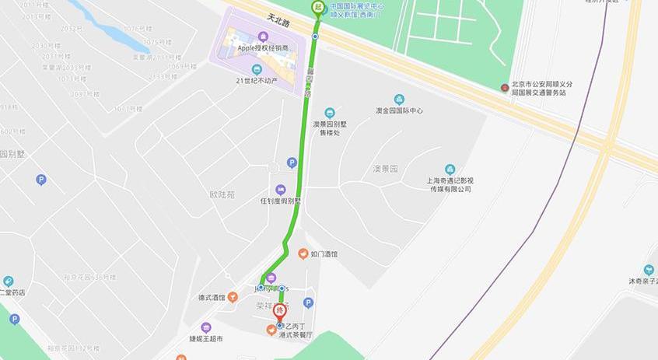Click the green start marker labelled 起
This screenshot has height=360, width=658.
[317, 7]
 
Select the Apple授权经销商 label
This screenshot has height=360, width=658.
[263, 47]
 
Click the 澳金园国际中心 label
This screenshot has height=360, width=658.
[399, 110]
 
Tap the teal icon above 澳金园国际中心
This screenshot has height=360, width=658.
[399, 100]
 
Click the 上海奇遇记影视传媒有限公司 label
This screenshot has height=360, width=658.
[450, 184]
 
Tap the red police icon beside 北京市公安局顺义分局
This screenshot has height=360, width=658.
[505, 87]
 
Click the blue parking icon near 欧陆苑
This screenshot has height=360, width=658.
[292, 163]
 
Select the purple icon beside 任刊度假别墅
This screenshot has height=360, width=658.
[280, 190]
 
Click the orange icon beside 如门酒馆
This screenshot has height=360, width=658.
[303, 253]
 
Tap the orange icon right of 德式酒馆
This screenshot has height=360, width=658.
[232, 297]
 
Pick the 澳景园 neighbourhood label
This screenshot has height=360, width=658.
[384, 168]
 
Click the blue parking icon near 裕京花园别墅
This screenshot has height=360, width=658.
[41, 180]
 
